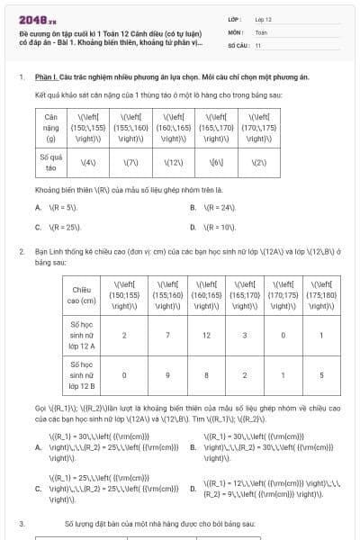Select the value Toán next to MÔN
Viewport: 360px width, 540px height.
coord(261,31)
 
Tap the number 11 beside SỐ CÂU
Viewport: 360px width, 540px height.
coord(258,43)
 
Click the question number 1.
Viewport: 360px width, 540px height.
coord(21,77)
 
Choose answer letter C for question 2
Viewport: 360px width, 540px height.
coord(38,489)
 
